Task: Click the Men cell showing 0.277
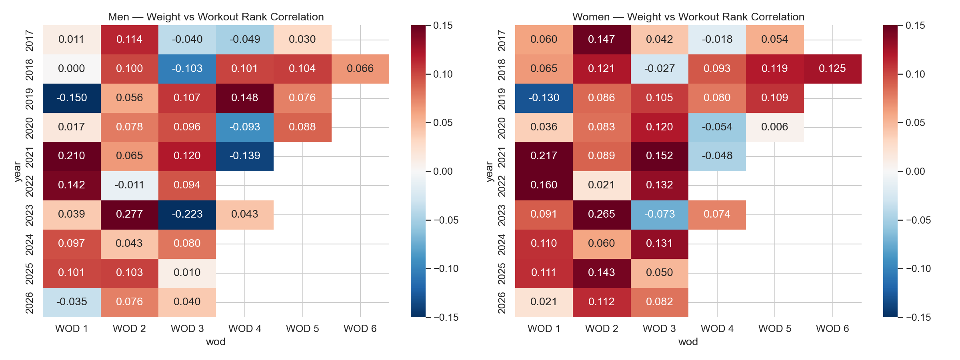pyautogui.click(x=129, y=214)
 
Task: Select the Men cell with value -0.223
pyautogui.click(x=187, y=214)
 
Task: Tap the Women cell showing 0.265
pyautogui.click(x=602, y=214)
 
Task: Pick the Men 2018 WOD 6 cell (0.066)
pyautogui.click(x=360, y=69)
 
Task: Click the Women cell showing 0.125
pyautogui.click(x=832, y=69)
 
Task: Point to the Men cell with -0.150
pyautogui.click(x=72, y=98)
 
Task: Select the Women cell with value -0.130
pyautogui.click(x=544, y=98)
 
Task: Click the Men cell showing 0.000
pyautogui.click(x=72, y=69)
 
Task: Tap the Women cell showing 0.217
pyautogui.click(x=544, y=156)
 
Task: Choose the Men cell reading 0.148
pyautogui.click(x=244, y=98)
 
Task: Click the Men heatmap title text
pyautogui.click(x=216, y=17)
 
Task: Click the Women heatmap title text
pyautogui.click(x=688, y=17)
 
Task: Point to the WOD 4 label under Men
pyautogui.click(x=244, y=329)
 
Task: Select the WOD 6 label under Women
pyautogui.click(x=832, y=329)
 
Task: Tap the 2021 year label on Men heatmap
pyautogui.click(x=29, y=156)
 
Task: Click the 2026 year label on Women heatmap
pyautogui.click(x=502, y=302)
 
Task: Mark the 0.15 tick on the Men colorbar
pyautogui.click(x=443, y=26)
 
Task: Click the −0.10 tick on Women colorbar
pyautogui.click(x=918, y=269)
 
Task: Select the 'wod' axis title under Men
pyautogui.click(x=216, y=342)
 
